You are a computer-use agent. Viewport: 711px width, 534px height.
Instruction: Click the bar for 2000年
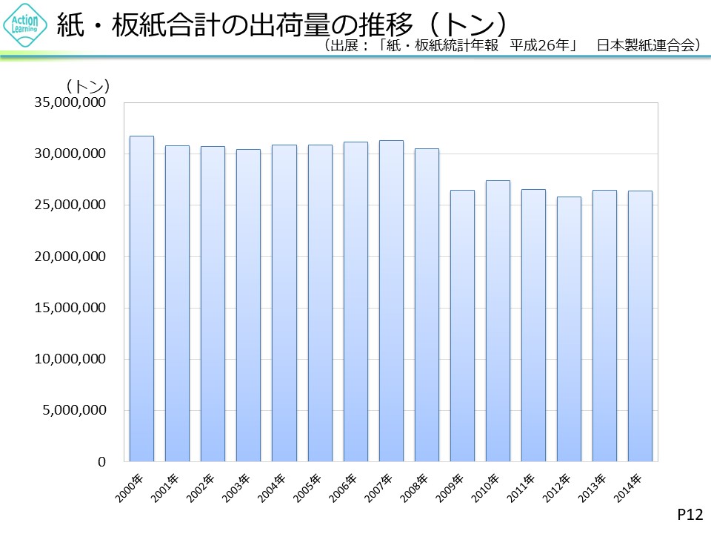[x=141, y=299]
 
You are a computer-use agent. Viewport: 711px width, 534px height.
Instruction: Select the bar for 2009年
[x=463, y=326]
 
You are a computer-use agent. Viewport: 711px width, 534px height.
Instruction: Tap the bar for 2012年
[x=570, y=329]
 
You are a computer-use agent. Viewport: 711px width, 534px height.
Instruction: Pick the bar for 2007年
[x=391, y=301]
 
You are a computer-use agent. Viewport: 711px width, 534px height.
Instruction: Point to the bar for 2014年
[x=641, y=326]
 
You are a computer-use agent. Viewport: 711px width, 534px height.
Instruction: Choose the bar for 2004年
[x=284, y=303]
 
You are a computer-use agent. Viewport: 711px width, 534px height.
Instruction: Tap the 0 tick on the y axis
[x=99, y=461]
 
